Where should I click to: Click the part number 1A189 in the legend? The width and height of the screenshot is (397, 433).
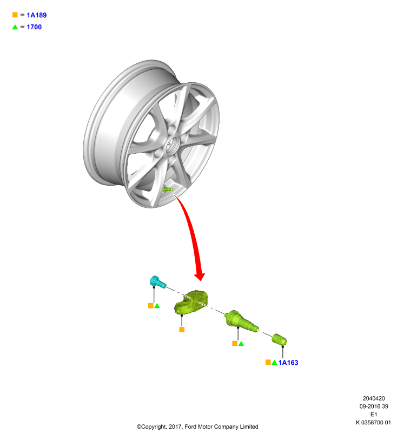coord(37,15)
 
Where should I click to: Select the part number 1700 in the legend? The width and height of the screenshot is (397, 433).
coord(34,27)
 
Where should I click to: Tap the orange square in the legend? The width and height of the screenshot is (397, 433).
coord(15,15)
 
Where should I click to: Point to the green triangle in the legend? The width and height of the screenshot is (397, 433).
coord(15,27)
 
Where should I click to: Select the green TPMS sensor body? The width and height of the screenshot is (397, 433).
coord(191,303)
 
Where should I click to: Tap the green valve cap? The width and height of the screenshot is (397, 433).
coord(279,339)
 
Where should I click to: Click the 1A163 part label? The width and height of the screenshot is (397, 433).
coord(288,363)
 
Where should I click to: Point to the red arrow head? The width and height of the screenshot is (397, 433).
coord(200,276)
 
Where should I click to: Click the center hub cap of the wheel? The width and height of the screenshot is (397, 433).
coord(173,144)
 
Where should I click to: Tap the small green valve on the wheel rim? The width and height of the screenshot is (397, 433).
coord(168,189)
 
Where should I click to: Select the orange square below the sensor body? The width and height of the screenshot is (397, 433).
coord(182,330)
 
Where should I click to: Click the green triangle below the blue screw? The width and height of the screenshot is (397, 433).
coord(157,306)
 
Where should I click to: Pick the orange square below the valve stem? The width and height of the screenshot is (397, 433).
coord(235,343)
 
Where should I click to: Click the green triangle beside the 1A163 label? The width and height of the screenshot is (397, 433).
coord(274,362)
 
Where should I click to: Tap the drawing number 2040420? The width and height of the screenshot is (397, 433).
coord(374,398)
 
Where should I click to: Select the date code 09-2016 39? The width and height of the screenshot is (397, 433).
coord(374,406)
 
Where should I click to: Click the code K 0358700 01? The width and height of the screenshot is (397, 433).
coord(373,423)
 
